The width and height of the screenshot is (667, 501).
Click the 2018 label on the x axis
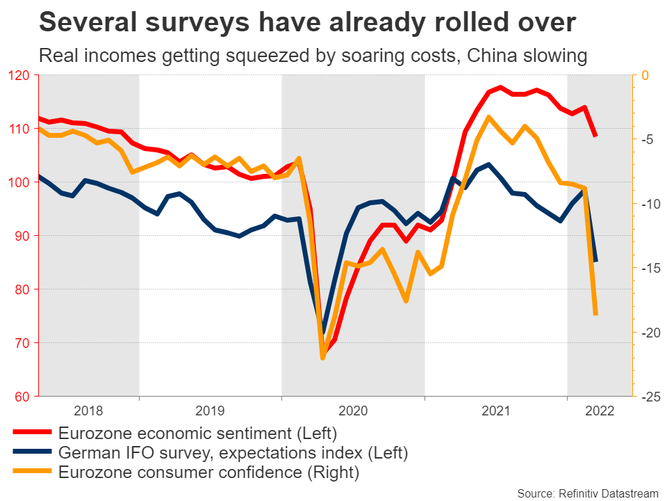[x=88, y=411]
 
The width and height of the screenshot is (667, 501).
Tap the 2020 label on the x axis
[x=353, y=411]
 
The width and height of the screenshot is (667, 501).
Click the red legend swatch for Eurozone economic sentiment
[x=32, y=434]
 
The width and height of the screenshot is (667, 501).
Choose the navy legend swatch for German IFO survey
[x=32, y=454]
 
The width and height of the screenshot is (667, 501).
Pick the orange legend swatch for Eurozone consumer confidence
[x=32, y=473]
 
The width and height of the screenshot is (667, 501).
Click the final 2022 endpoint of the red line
[x=595, y=136]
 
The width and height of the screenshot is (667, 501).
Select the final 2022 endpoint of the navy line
[x=595, y=261]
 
